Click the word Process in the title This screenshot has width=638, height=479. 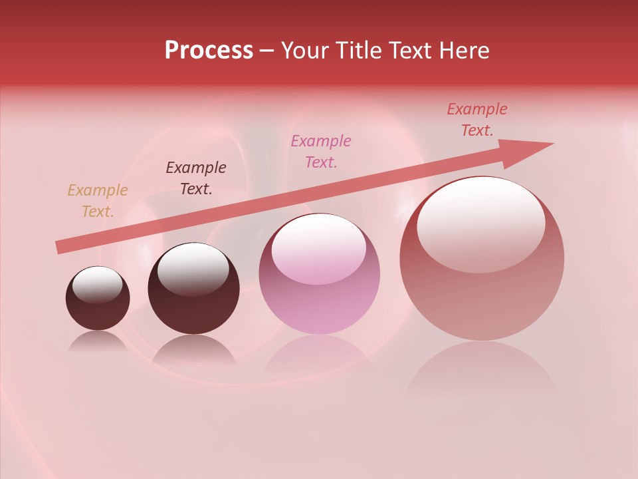click(209, 51)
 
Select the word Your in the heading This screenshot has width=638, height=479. click(304, 51)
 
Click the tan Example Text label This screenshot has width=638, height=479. click(97, 201)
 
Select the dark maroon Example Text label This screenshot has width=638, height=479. click(195, 178)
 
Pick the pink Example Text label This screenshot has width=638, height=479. click(321, 152)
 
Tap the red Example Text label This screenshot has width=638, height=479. click(477, 120)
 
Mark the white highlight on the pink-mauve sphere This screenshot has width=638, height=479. click(318, 248)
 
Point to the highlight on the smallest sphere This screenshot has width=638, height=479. click(97, 284)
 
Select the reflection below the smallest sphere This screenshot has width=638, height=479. click(98, 341)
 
